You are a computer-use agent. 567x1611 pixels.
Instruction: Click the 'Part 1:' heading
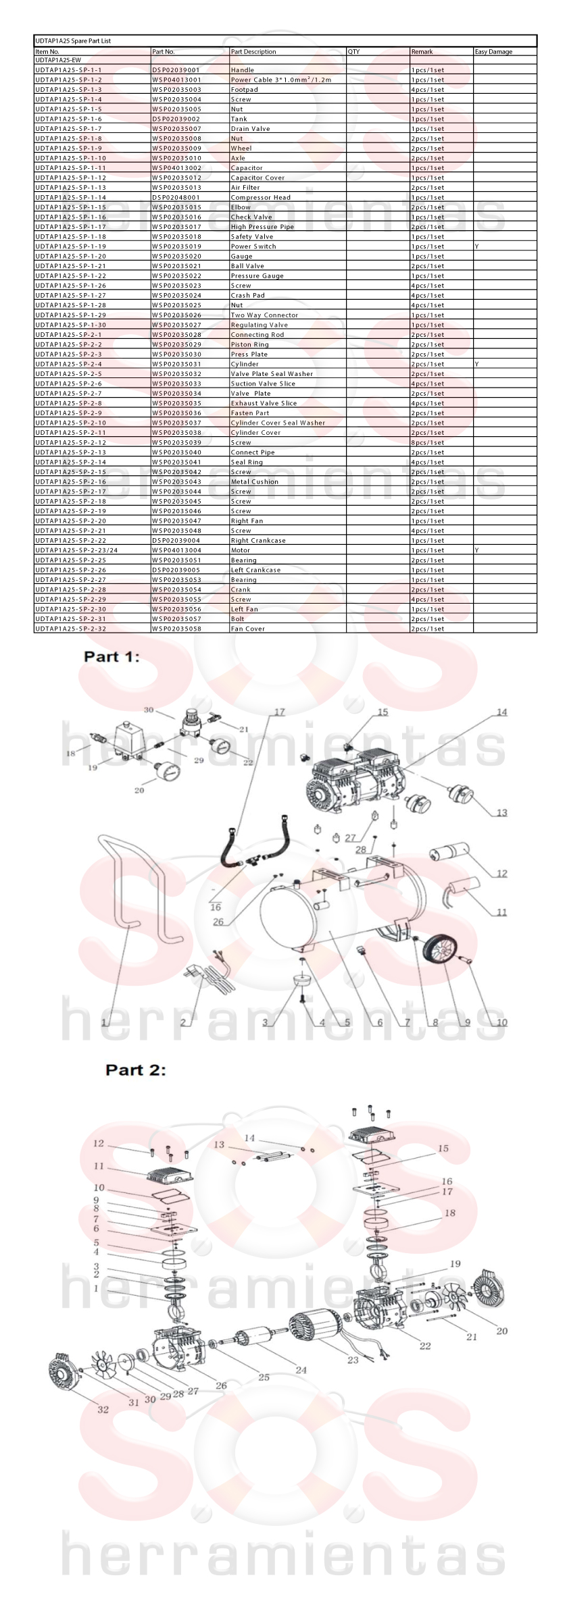pyautogui.click(x=112, y=656)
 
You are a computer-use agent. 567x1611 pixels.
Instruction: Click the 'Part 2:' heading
pyautogui.click(x=135, y=1070)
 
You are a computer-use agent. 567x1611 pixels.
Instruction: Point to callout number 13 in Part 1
pyautogui.click(x=501, y=812)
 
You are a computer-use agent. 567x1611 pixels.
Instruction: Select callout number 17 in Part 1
pyautogui.click(x=279, y=712)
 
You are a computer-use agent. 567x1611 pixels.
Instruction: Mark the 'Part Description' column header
pyautogui.click(x=253, y=51)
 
